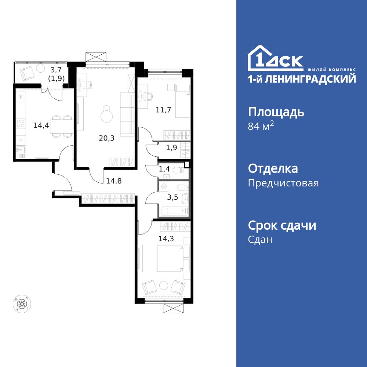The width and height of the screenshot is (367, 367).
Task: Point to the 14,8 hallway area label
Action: click(x=112, y=180)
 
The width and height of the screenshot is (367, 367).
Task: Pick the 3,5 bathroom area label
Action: click(x=172, y=197)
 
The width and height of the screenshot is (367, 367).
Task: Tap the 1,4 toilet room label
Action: click(x=164, y=169)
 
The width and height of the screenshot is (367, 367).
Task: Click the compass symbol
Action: click(x=22, y=304)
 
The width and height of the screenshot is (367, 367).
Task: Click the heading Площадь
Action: click(x=276, y=112)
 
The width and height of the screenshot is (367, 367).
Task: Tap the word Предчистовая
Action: click(x=283, y=183)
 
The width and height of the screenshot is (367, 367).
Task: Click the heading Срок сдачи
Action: click(x=282, y=225)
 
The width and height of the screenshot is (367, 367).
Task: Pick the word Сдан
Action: click(x=260, y=240)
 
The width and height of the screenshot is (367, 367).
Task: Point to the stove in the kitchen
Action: click(x=21, y=124)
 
